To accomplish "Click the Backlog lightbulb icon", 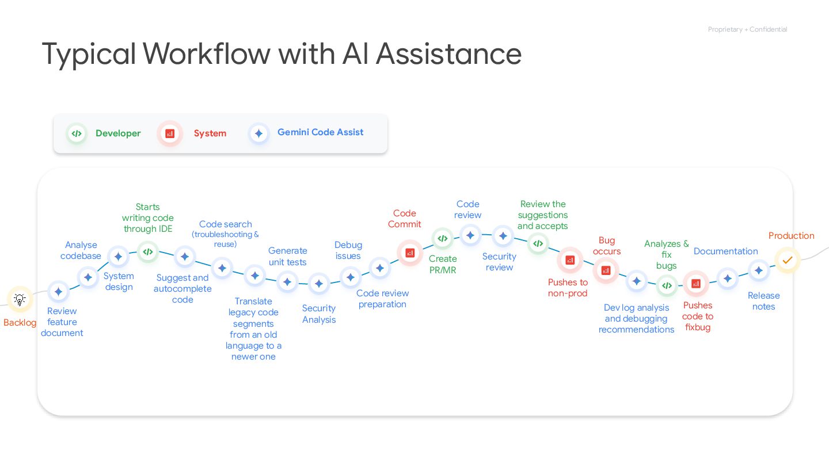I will coord(20,299).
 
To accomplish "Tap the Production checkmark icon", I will coord(787,260).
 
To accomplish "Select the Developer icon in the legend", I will coord(76,133).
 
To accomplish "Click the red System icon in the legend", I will coord(170,133).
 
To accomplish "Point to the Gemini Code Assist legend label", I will coord(320,132).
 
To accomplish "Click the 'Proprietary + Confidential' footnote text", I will coord(747,29).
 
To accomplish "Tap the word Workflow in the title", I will coord(207,54).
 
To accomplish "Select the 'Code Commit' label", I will coord(404,219).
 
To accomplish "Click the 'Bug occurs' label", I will coord(607,246).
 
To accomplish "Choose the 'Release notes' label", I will coord(763,301).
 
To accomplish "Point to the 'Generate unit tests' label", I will coord(288,256).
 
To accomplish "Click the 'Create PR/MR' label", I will coord(443,264).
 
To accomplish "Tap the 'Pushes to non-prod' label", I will coord(568,288).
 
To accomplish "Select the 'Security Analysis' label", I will coord(319,314).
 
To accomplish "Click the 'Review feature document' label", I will coord(62,322).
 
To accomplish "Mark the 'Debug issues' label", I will coord(348,250).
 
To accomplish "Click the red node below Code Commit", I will coord(410,252).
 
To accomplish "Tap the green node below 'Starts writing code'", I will coord(148,251).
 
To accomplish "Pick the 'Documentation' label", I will coord(725,251).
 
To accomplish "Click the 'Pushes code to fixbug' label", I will coord(698,316).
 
